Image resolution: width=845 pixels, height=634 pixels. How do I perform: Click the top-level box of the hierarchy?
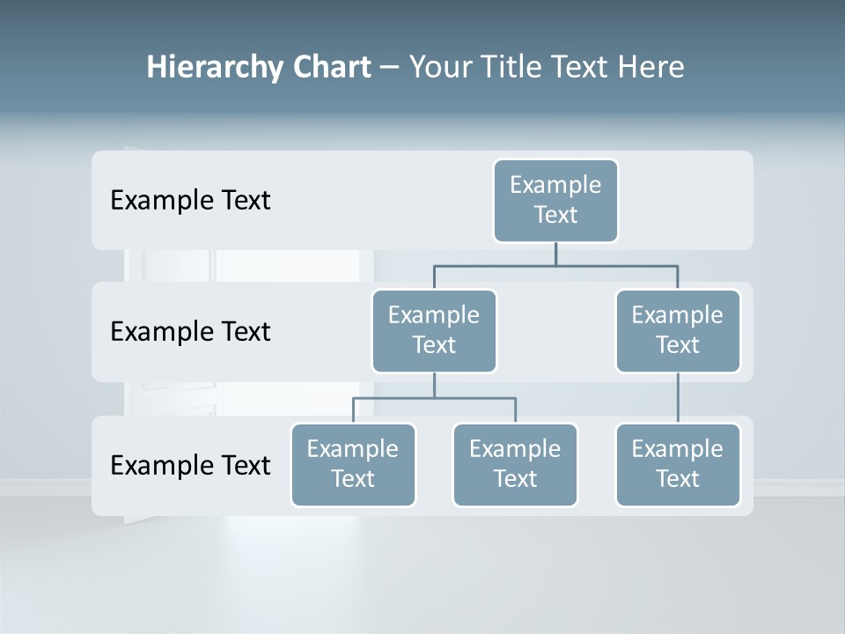click(x=555, y=201)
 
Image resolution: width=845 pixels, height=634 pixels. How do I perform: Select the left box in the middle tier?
click(x=434, y=331)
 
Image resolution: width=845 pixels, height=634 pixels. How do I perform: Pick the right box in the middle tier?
click(x=678, y=331)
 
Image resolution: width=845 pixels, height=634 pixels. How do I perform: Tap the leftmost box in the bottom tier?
click(x=353, y=465)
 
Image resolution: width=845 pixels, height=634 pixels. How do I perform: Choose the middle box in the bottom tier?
click(x=515, y=465)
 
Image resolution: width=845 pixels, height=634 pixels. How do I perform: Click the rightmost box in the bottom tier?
click(x=678, y=465)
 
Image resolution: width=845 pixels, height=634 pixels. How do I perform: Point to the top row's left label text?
click(x=190, y=201)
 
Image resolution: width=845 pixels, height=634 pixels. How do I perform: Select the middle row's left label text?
click(x=190, y=332)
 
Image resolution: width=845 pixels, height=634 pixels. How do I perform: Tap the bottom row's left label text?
click(x=190, y=465)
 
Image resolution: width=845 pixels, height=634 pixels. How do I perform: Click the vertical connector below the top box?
click(x=555, y=254)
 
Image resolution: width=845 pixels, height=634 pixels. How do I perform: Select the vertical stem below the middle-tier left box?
click(x=434, y=385)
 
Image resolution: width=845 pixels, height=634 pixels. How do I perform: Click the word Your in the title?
click(x=439, y=67)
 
